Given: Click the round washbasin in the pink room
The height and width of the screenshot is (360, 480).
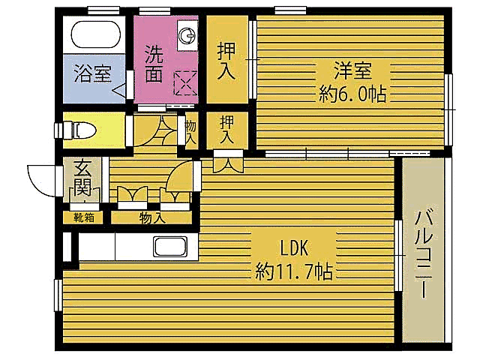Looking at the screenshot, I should click(x=187, y=34).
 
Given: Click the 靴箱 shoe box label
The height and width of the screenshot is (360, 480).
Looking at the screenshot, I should click(x=83, y=217).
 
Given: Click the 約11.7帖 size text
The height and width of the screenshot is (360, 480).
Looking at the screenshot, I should click(x=294, y=270).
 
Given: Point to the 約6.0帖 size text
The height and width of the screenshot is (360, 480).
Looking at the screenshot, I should click(x=352, y=94).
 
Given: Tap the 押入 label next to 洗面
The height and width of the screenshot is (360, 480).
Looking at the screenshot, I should click(x=227, y=62).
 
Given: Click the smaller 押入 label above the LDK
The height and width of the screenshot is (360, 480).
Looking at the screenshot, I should click(x=226, y=130).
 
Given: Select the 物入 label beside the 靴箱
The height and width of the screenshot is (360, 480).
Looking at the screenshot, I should click(x=152, y=217).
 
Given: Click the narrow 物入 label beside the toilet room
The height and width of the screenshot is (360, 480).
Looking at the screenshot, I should click(x=190, y=132).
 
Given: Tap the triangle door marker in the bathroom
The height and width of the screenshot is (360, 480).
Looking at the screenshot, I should click(x=120, y=92).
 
